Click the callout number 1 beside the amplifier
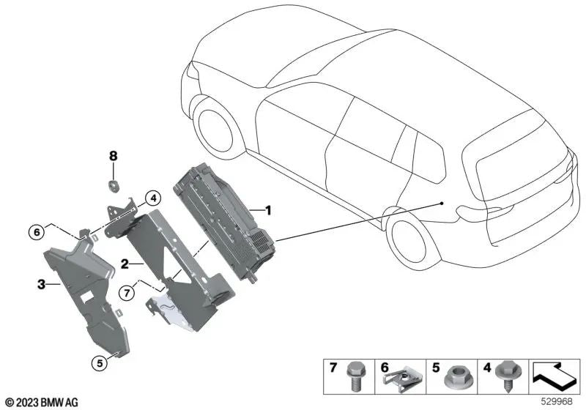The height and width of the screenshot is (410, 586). point(268,211)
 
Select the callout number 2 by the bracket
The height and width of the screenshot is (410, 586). point(125,263)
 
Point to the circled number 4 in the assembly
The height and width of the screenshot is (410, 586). point(152,197)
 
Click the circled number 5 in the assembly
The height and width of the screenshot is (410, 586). point(97,360)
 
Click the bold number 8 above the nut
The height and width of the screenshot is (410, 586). point(113,156)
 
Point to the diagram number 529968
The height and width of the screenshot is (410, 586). point(560,403)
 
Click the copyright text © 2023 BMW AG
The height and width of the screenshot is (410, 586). point(41,402)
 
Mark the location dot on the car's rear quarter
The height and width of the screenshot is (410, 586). point(442,203)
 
